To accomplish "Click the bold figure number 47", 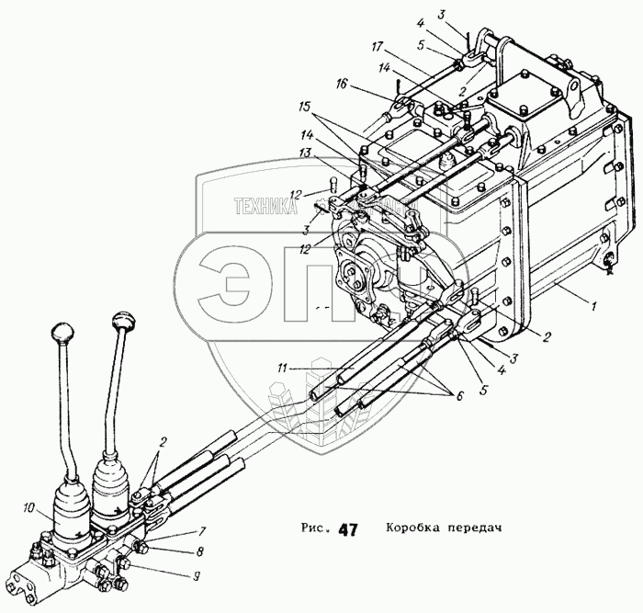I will tap(348, 529).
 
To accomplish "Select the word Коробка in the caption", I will tap(412, 529).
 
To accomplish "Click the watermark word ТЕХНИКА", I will tap(265, 207).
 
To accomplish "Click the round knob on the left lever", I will tap(63, 331).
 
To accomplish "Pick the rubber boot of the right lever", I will tap(113, 496).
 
